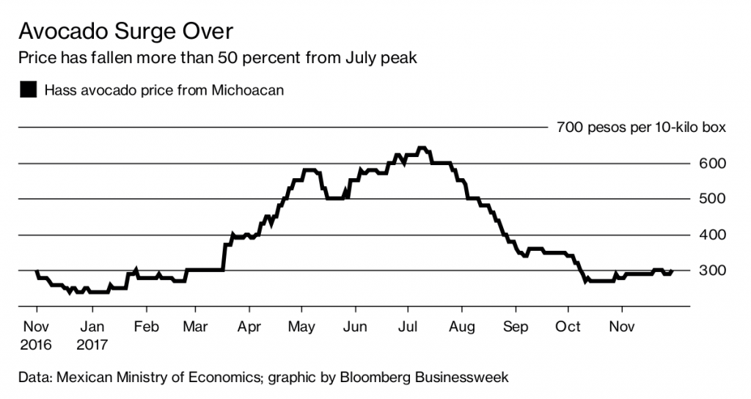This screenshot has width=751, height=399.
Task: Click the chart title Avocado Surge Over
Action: tap(126, 32)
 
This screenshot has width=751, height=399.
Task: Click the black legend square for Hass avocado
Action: tap(29, 90)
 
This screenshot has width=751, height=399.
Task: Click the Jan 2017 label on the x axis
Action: tap(92, 334)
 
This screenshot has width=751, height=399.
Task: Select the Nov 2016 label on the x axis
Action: tap(36, 334)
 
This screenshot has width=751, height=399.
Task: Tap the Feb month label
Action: tap(147, 327)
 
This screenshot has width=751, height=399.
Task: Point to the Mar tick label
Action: tap(195, 327)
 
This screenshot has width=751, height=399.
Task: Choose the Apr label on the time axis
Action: tap(249, 327)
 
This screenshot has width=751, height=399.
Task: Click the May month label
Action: tap(302, 327)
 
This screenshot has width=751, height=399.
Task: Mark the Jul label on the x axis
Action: tap(408, 327)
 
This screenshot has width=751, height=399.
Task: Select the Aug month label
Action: tap(461, 327)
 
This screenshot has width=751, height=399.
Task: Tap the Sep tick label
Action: tap(516, 327)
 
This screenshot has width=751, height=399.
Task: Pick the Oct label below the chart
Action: tap(568, 327)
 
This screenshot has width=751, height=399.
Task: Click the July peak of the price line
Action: tap(422, 149)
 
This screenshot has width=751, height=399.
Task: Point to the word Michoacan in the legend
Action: tap(247, 90)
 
